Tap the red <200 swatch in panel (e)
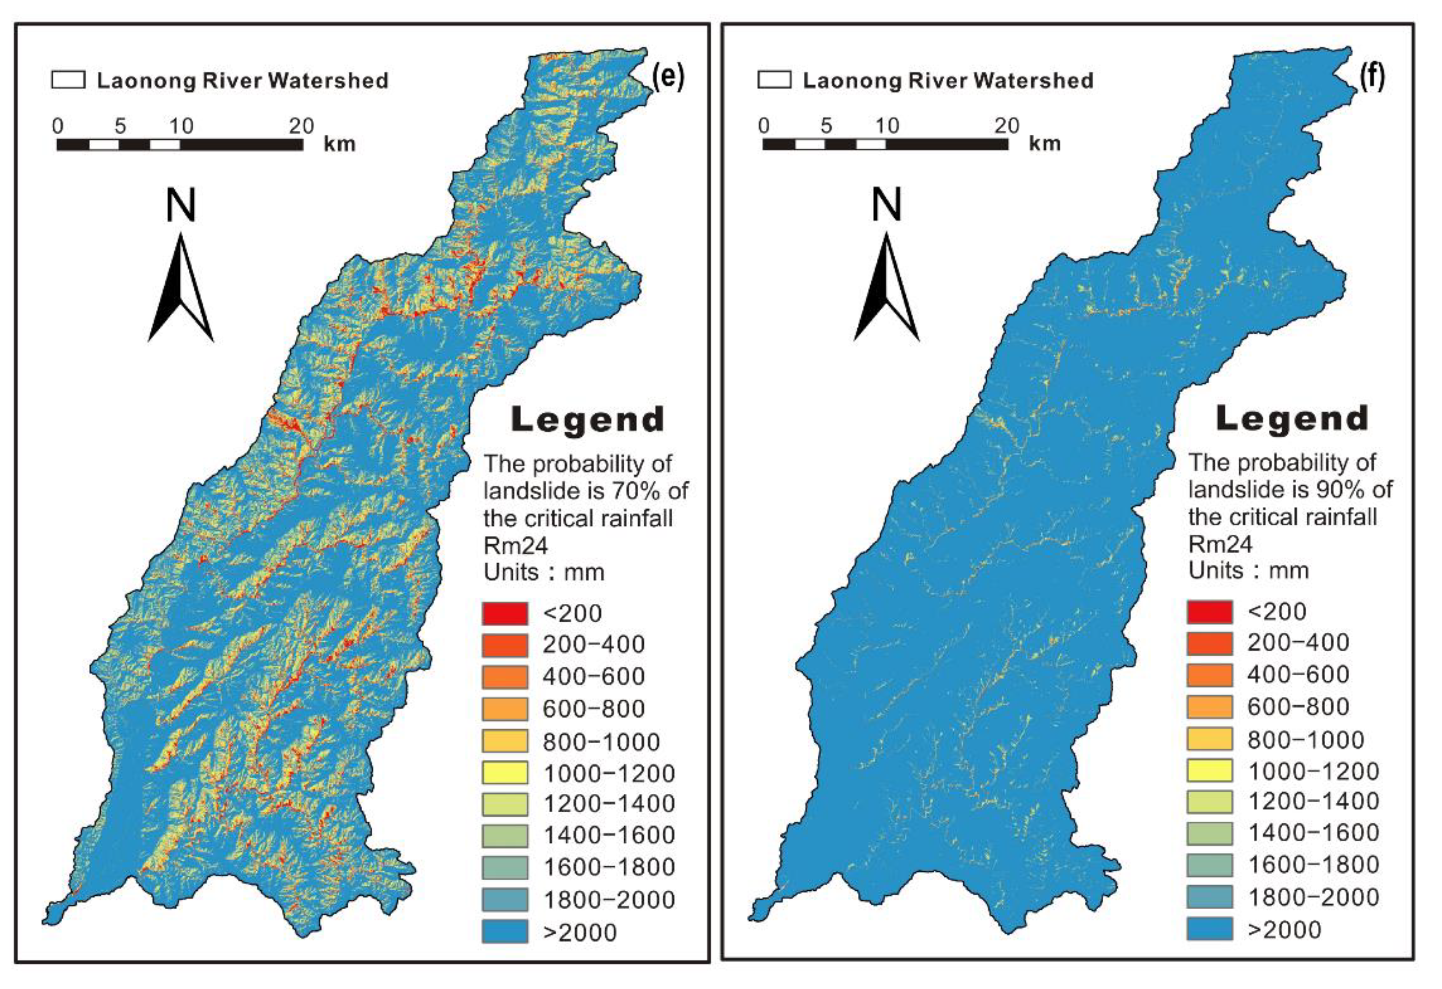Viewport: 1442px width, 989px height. click(505, 614)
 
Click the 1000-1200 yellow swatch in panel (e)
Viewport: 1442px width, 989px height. click(505, 773)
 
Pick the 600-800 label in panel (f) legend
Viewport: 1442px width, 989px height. click(1298, 707)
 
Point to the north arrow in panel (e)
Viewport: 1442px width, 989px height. click(180, 288)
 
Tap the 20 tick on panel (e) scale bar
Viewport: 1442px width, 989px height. click(302, 126)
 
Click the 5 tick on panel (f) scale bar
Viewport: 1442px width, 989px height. click(826, 126)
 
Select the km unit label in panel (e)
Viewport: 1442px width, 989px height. click(340, 144)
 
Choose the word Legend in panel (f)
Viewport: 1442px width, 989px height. click(1292, 418)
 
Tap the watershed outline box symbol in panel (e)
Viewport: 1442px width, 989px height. click(68, 80)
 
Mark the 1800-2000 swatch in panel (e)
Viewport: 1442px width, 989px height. click(505, 900)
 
